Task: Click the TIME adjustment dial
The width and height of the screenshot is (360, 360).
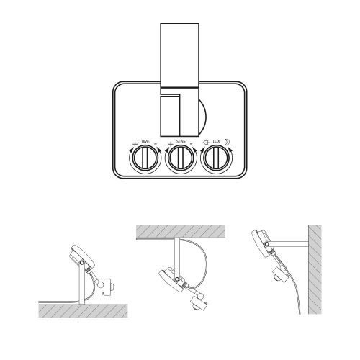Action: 145,158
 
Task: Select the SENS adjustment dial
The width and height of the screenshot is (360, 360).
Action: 181,158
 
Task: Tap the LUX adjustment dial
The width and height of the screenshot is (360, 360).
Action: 216,158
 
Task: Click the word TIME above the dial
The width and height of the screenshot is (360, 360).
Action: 145,141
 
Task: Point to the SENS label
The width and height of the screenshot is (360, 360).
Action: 181,141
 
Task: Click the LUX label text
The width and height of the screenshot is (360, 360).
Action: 217,141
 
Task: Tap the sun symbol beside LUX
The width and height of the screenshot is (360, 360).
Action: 206,143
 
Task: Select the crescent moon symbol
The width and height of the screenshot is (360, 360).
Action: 227,143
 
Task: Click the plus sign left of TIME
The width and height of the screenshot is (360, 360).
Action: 135,144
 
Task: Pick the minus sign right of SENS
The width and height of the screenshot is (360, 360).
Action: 192,144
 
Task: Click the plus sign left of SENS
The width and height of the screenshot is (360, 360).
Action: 171,144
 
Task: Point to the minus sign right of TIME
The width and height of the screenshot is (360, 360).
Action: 156,144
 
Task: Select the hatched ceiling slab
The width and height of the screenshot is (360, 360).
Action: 181,232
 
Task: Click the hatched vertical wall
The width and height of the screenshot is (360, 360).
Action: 315,269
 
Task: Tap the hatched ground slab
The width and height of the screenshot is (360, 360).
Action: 83,311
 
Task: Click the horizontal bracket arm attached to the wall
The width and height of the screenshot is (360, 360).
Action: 289,244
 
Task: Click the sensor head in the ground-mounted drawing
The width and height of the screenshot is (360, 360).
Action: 108,287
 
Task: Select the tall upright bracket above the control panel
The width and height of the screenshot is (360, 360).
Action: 180,55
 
